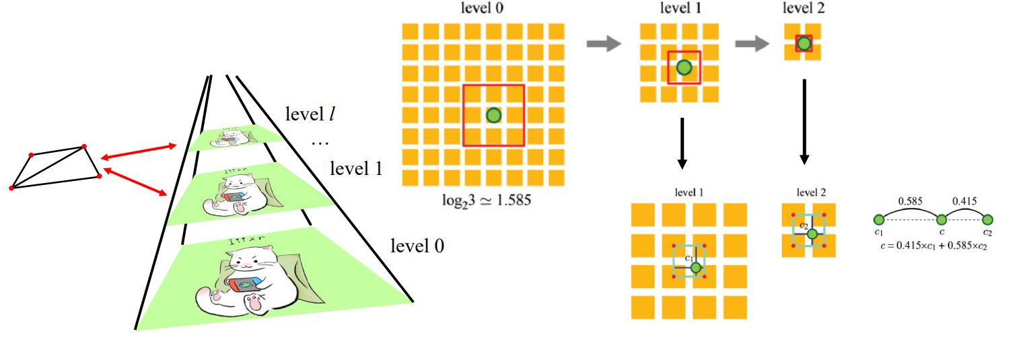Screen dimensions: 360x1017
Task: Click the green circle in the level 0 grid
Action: [493, 115]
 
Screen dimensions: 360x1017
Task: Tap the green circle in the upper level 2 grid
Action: [804, 44]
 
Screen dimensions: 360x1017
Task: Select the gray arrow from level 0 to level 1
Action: [603, 44]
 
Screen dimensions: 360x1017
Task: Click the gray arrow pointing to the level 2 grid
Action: [752, 44]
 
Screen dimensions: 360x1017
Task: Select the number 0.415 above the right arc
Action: [965, 201]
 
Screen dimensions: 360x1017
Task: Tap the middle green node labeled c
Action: [942, 219]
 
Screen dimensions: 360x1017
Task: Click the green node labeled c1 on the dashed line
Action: [878, 219]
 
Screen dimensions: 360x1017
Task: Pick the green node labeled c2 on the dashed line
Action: [987, 219]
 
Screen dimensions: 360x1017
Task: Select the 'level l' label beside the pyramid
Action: [310, 115]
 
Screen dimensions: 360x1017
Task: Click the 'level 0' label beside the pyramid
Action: [417, 246]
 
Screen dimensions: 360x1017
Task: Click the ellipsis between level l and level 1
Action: [322, 143]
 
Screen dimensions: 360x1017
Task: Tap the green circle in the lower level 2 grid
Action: [812, 234]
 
